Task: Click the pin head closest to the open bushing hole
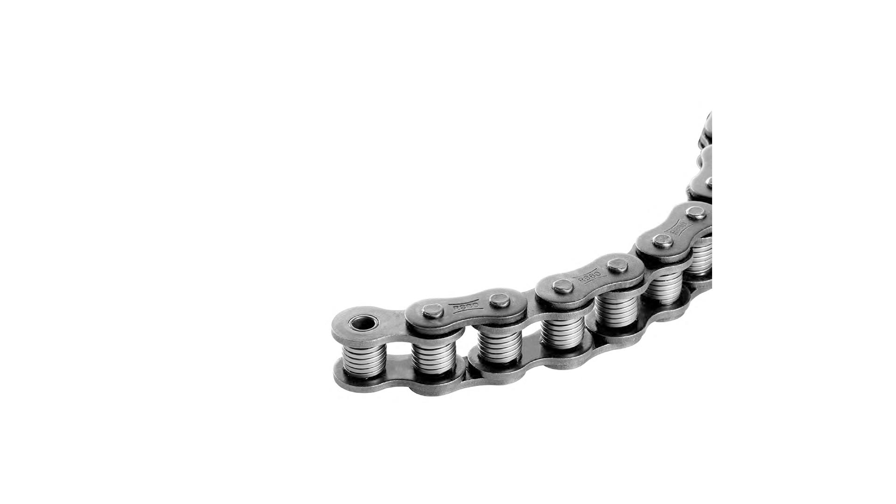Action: [430, 310]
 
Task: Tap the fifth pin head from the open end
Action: [663, 241]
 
